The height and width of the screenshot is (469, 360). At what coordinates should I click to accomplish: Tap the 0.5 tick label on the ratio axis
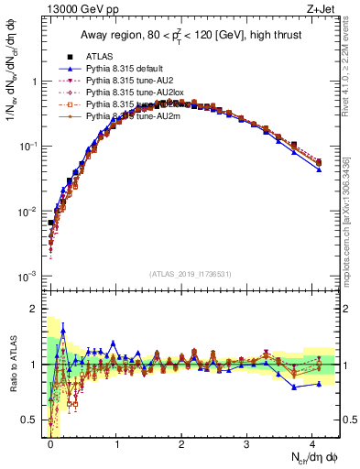click(32, 420)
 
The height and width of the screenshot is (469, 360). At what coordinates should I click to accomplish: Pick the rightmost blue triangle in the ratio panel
click(319, 384)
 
